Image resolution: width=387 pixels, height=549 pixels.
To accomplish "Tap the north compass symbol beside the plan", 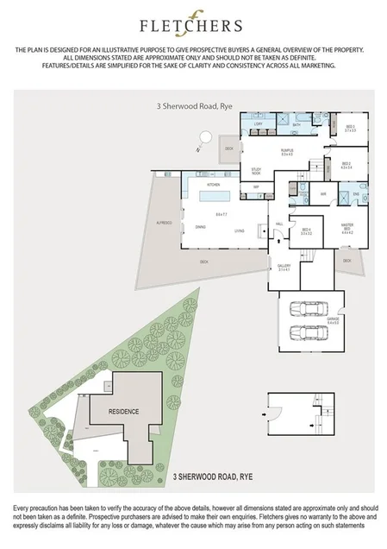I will (204, 136).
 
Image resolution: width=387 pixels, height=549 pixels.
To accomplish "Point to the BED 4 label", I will (306, 231).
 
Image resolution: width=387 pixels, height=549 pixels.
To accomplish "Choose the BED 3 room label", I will (350, 129).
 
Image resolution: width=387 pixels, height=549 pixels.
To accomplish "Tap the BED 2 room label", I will (346, 165).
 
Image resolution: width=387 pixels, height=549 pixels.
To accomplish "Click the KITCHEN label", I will (213, 185).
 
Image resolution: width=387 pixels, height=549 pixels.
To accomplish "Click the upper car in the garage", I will (308, 309).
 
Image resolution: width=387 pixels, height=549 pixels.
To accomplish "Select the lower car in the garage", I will (308, 333).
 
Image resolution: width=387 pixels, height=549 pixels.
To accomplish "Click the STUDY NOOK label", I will (256, 171).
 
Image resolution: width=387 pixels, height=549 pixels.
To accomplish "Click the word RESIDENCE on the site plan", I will (122, 412).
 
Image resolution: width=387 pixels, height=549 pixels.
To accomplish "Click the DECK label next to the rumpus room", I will (229, 148).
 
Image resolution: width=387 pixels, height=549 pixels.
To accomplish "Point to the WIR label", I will (312, 194).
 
